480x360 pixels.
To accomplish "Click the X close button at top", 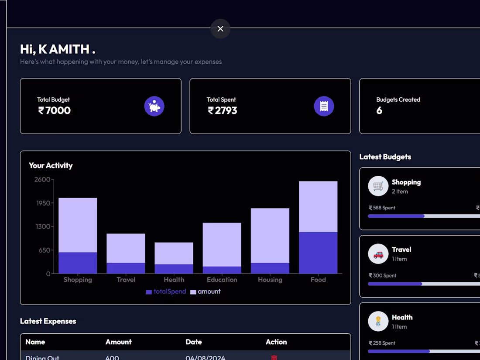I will [220, 29].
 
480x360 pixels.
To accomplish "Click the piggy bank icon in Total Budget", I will [154, 106].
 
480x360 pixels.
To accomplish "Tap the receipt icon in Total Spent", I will [324, 106].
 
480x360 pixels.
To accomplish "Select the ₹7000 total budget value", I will [54, 111].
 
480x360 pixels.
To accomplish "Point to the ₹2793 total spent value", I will [222, 111].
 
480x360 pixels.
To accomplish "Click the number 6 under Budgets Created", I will [379, 111].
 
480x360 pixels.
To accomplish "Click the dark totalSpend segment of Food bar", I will [318, 253].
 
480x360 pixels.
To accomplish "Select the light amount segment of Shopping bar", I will [78, 225].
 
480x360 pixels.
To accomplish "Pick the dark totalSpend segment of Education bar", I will [222, 270].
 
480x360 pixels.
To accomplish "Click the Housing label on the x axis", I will [270, 280].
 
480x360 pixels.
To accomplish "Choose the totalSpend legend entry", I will [166, 291].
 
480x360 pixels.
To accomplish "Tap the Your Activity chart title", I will [51, 165].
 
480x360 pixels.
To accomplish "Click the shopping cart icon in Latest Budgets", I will [378, 186].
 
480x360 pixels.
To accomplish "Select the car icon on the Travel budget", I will [378, 254].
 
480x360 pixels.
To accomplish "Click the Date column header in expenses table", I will [194, 342].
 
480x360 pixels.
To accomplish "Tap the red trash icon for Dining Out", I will [274, 357].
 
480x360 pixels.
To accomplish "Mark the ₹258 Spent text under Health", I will [382, 343].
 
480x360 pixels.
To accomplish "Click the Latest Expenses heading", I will [48, 321].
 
